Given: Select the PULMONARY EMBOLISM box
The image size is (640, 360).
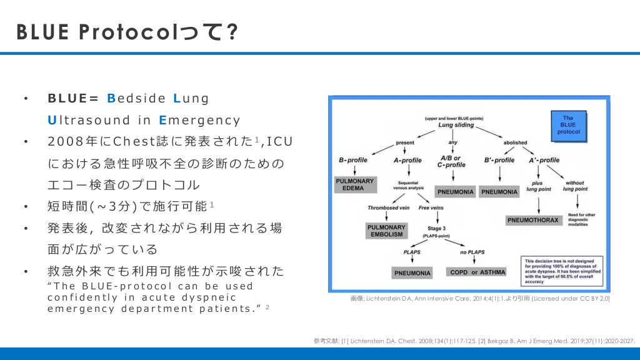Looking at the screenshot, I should [x=386, y=230].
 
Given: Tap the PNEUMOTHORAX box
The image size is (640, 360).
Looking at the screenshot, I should [x=532, y=220].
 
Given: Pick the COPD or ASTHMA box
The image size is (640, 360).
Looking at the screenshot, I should [x=477, y=272].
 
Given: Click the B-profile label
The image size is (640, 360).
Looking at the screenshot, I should [x=353, y=160].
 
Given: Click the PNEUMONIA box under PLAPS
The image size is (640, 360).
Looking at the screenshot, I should [x=412, y=273].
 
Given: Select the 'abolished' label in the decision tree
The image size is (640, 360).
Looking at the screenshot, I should [x=516, y=142].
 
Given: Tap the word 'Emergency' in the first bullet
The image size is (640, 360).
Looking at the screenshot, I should [x=200, y=120].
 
